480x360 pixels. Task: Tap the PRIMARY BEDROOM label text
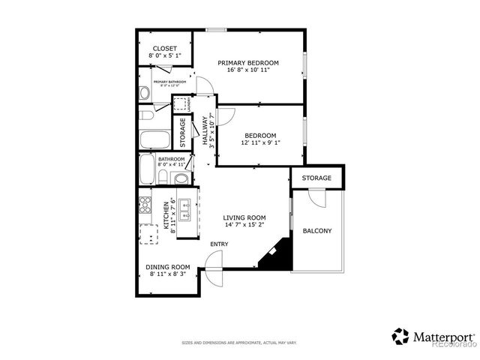tap(248, 63)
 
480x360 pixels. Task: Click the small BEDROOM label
tap(260, 135)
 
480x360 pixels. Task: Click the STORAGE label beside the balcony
tap(316, 178)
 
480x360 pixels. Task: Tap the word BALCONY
tap(316, 231)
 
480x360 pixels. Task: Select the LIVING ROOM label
tap(244, 217)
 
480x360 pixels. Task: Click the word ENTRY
tap(219, 244)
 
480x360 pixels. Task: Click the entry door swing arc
tap(214, 268)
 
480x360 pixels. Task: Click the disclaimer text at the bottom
tap(239, 343)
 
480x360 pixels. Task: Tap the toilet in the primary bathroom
tap(144, 94)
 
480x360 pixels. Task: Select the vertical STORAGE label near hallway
tap(182, 132)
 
